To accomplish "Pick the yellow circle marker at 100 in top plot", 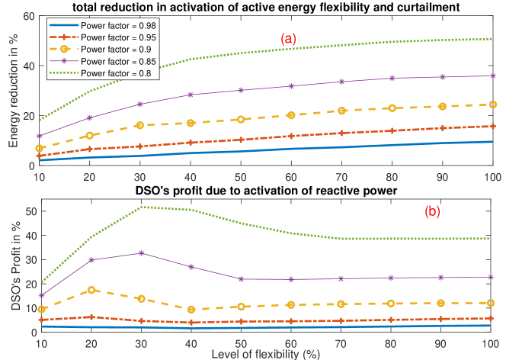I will click(493, 104).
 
